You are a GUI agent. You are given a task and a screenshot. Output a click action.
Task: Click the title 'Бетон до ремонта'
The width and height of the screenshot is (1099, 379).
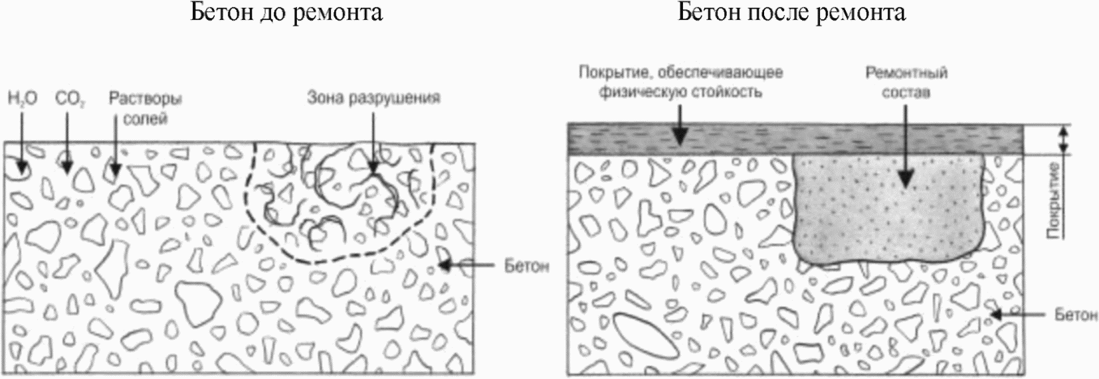click(286, 13)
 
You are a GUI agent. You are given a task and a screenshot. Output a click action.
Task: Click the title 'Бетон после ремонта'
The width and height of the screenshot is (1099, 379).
click(791, 13)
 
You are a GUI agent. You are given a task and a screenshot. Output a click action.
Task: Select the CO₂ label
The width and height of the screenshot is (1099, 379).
click(66, 99)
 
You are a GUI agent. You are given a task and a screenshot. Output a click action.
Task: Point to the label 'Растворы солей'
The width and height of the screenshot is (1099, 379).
click(146, 108)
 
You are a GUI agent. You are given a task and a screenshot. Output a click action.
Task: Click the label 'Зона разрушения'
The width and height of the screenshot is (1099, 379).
click(373, 98)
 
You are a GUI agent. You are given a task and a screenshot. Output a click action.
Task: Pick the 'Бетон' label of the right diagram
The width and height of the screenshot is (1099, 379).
click(1076, 314)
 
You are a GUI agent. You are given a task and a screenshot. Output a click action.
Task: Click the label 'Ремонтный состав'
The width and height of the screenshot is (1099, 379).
click(906, 82)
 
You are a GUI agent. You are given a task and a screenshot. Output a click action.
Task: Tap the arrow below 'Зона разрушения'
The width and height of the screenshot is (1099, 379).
click(373, 143)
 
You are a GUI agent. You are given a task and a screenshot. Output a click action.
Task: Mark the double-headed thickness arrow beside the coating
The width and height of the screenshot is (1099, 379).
click(1063, 139)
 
